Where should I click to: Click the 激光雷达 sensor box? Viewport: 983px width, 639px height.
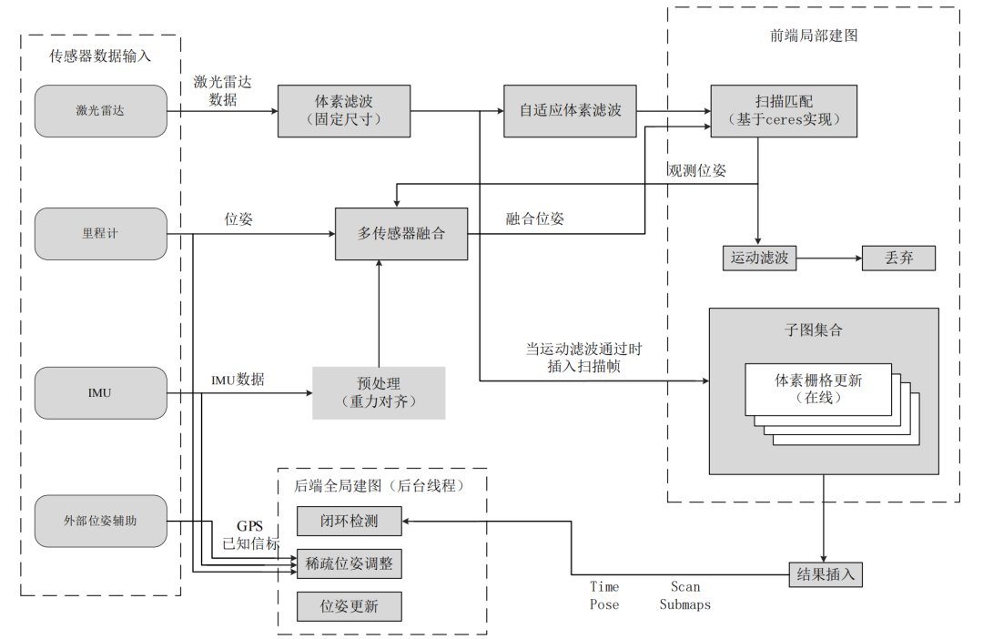pos(101,111)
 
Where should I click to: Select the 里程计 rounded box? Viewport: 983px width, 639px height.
pos(101,234)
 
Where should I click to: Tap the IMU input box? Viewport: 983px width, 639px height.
pos(101,393)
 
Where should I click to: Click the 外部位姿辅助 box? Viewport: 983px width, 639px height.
pos(101,522)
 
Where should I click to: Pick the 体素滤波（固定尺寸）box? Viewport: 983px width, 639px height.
pos(344,111)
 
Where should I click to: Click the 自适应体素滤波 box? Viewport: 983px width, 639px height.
pos(570,111)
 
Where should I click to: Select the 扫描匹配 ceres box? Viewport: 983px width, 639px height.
pos(784,111)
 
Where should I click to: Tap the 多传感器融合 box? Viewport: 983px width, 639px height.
pos(401,234)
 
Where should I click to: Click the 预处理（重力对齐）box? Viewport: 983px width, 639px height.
pos(379,393)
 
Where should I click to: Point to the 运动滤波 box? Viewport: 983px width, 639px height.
pos(758,259)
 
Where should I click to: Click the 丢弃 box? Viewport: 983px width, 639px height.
pos(898,259)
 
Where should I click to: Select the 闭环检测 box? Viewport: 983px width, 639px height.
pos(349,522)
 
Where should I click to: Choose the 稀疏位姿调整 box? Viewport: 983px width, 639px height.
pos(349,563)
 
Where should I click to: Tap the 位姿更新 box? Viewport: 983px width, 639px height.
pos(349,605)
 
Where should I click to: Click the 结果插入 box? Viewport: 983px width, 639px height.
pos(825,574)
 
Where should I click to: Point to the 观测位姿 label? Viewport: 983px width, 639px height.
pos(697,171)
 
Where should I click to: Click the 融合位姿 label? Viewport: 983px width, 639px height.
pos(535,218)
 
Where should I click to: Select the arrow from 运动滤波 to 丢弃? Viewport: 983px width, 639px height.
pos(828,259)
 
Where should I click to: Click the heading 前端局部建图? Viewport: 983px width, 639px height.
pos(813,35)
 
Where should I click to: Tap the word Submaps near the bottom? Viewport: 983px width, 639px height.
pos(684,604)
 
